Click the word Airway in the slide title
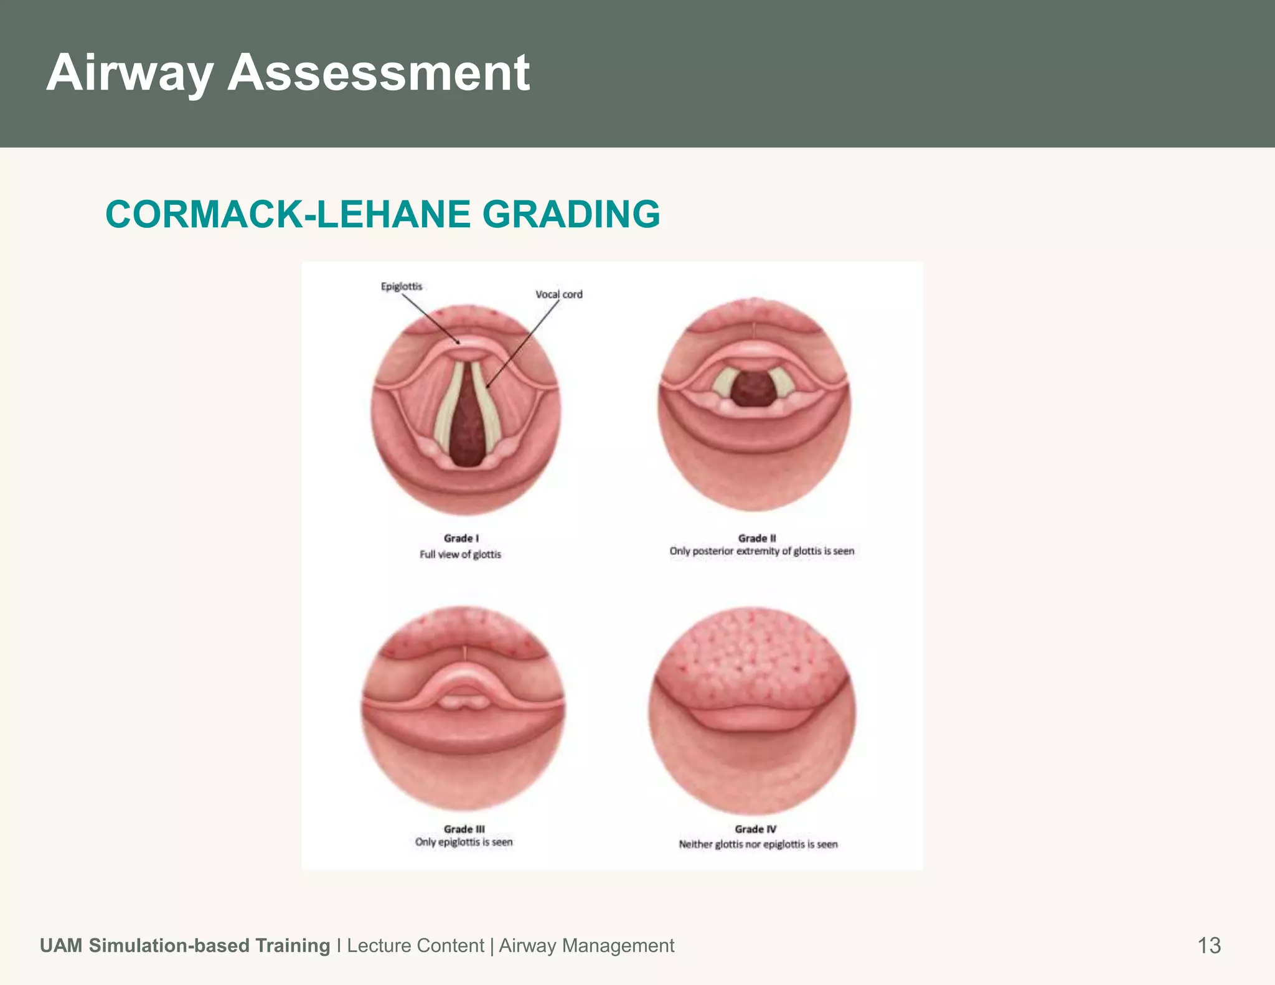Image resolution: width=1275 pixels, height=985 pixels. point(129,73)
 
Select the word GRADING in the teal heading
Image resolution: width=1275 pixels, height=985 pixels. point(570,214)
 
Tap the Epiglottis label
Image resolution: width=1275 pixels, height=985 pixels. point(402,286)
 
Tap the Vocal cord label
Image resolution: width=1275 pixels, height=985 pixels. point(559,295)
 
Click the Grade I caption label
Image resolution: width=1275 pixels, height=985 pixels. point(461,538)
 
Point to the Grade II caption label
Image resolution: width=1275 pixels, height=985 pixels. point(757,538)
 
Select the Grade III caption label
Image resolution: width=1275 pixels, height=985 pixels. point(464,829)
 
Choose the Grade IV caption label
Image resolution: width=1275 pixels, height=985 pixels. point(756,829)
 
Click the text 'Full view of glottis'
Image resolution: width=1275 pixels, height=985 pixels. point(460,554)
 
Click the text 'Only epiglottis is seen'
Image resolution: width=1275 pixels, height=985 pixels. point(464,842)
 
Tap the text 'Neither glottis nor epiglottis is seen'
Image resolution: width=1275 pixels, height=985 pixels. point(758,844)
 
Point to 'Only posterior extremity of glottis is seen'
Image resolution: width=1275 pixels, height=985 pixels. point(762,551)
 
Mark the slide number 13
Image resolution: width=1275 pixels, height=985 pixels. point(1209,945)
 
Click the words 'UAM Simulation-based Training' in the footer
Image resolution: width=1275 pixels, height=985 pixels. point(185,945)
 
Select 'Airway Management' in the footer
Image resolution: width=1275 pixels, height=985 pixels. point(586,945)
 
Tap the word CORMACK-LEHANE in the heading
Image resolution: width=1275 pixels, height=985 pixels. point(288,214)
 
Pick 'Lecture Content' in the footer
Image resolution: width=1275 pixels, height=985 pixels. point(415,945)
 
